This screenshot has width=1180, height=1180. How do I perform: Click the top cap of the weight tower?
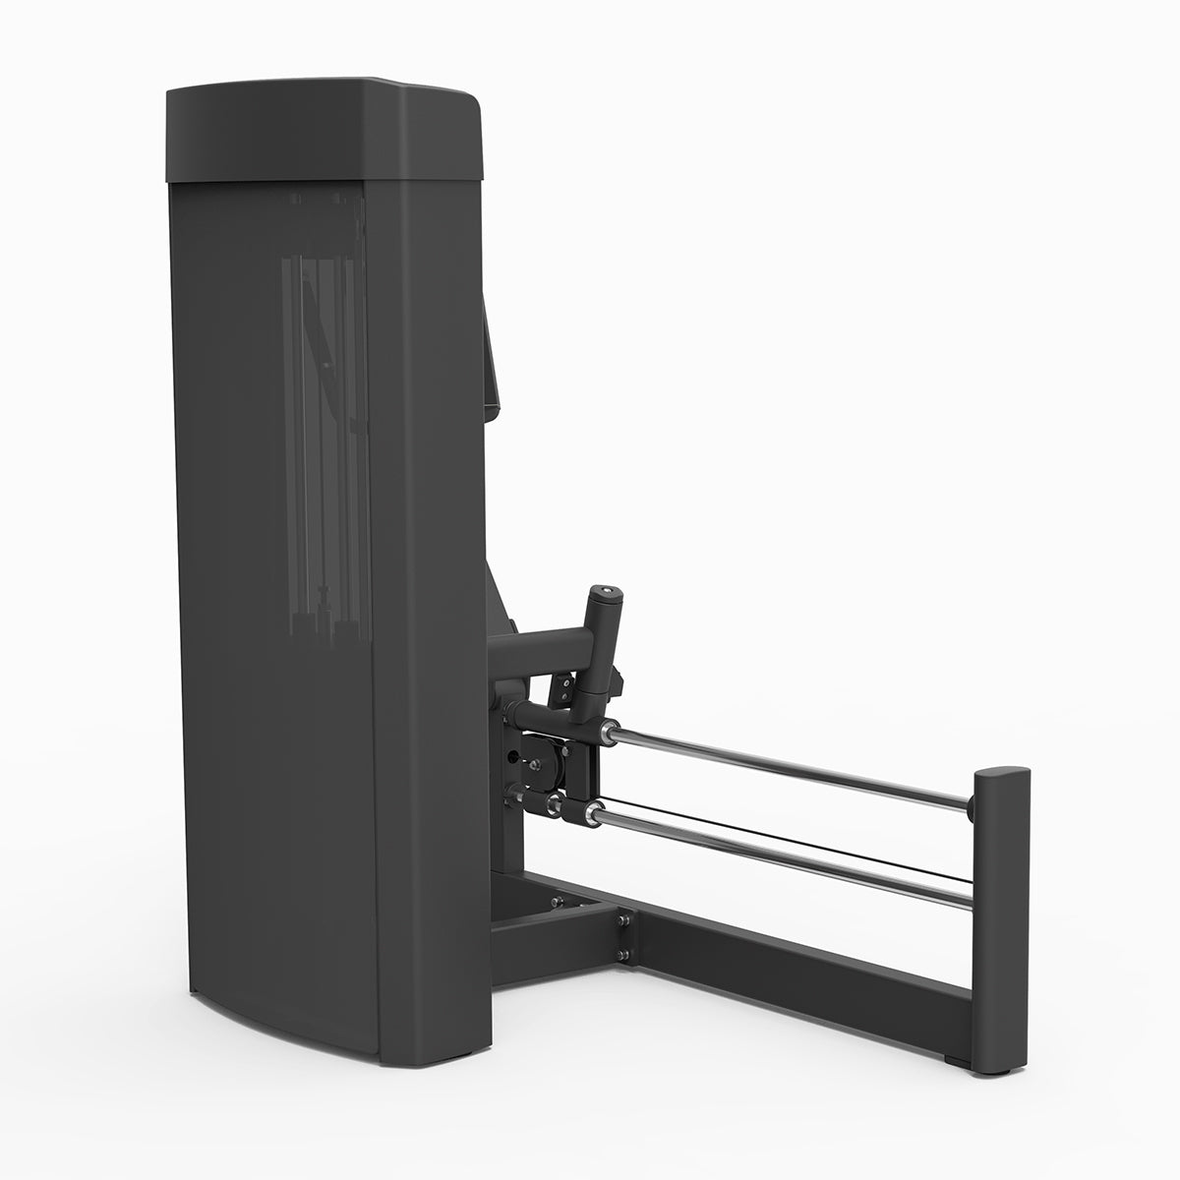pos(324,133)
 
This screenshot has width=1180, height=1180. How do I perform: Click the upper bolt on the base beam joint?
pos(622,919)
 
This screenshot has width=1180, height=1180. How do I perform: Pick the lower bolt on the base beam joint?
pos(622,954)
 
